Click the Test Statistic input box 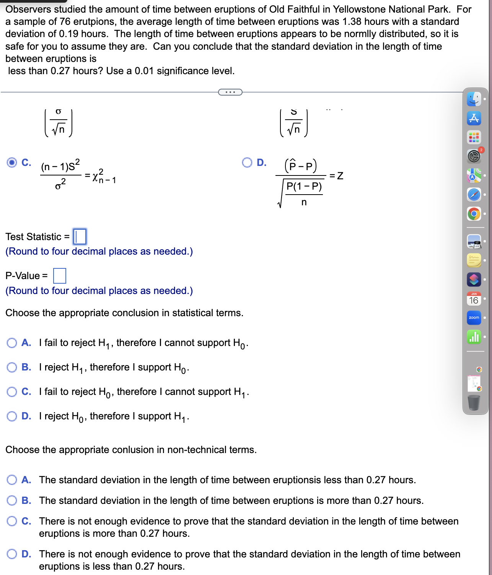(x=80, y=237)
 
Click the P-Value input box (x=60, y=276)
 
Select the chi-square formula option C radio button (x=12, y=162)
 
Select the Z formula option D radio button (x=247, y=162)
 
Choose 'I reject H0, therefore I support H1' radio (x=12, y=416)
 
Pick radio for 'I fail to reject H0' (x=12, y=391)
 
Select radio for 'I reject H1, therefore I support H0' (x=12, y=367)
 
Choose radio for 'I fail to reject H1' (x=12, y=343)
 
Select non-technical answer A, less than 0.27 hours (x=12, y=480)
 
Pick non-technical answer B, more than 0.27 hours (x=12, y=500)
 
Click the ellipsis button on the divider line (x=230, y=92)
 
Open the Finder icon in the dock (x=474, y=99)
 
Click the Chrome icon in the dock (x=474, y=214)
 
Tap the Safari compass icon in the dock (x=474, y=195)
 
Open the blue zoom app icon (x=474, y=318)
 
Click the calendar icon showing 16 (x=474, y=299)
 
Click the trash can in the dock (x=474, y=403)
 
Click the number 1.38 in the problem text (x=352, y=22)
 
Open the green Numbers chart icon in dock (x=474, y=337)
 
